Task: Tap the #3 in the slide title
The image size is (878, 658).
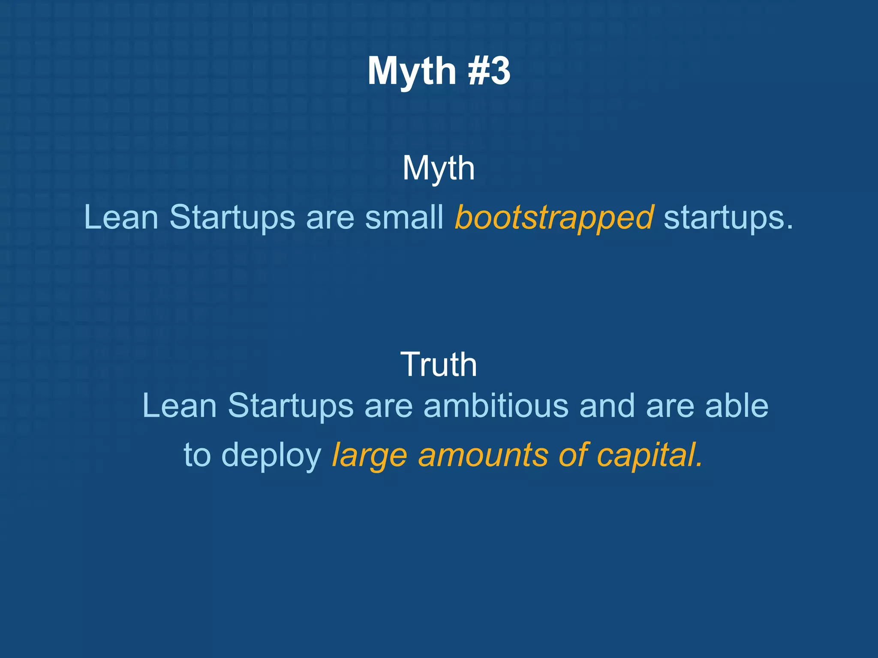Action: pos(489,71)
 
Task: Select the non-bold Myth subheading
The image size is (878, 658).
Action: pos(439,169)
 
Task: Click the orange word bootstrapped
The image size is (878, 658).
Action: pos(554,218)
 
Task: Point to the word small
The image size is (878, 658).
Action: pos(404,217)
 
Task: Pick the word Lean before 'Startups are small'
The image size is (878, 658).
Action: pos(121,217)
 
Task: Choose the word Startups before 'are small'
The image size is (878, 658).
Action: pos(232,218)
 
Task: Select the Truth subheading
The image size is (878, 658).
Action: pos(439,365)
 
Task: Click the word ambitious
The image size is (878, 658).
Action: pos(496,405)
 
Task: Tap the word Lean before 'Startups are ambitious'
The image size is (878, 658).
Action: pos(179,405)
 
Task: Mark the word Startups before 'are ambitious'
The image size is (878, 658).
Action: pos(290,406)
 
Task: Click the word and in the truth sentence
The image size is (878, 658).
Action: pos(607,405)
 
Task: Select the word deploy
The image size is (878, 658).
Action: pos(271,455)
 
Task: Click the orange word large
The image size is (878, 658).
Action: pos(369,455)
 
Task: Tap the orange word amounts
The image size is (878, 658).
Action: pos(483,455)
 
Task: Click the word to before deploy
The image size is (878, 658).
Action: pos(197,455)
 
